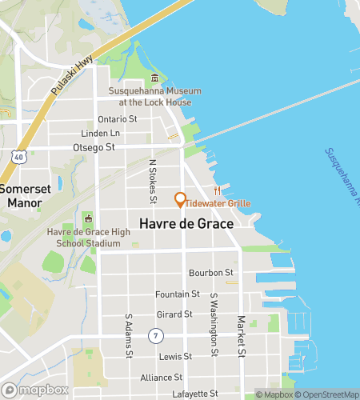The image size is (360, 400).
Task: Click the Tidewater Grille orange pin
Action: [181, 199]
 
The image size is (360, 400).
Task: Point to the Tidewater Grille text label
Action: [218, 204]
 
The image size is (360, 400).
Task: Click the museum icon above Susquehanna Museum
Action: [154, 78]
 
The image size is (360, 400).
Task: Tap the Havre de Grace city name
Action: [186, 224]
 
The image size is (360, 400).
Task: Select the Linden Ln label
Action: [100, 133]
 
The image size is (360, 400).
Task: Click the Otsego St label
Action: [94, 147]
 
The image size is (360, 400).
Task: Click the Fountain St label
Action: [178, 294]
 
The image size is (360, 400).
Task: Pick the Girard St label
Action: [174, 314]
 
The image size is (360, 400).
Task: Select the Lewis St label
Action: [175, 356]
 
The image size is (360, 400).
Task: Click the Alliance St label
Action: [162, 377]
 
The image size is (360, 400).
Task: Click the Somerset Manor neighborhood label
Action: [25, 196]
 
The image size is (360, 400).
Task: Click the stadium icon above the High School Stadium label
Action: [88, 219]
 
